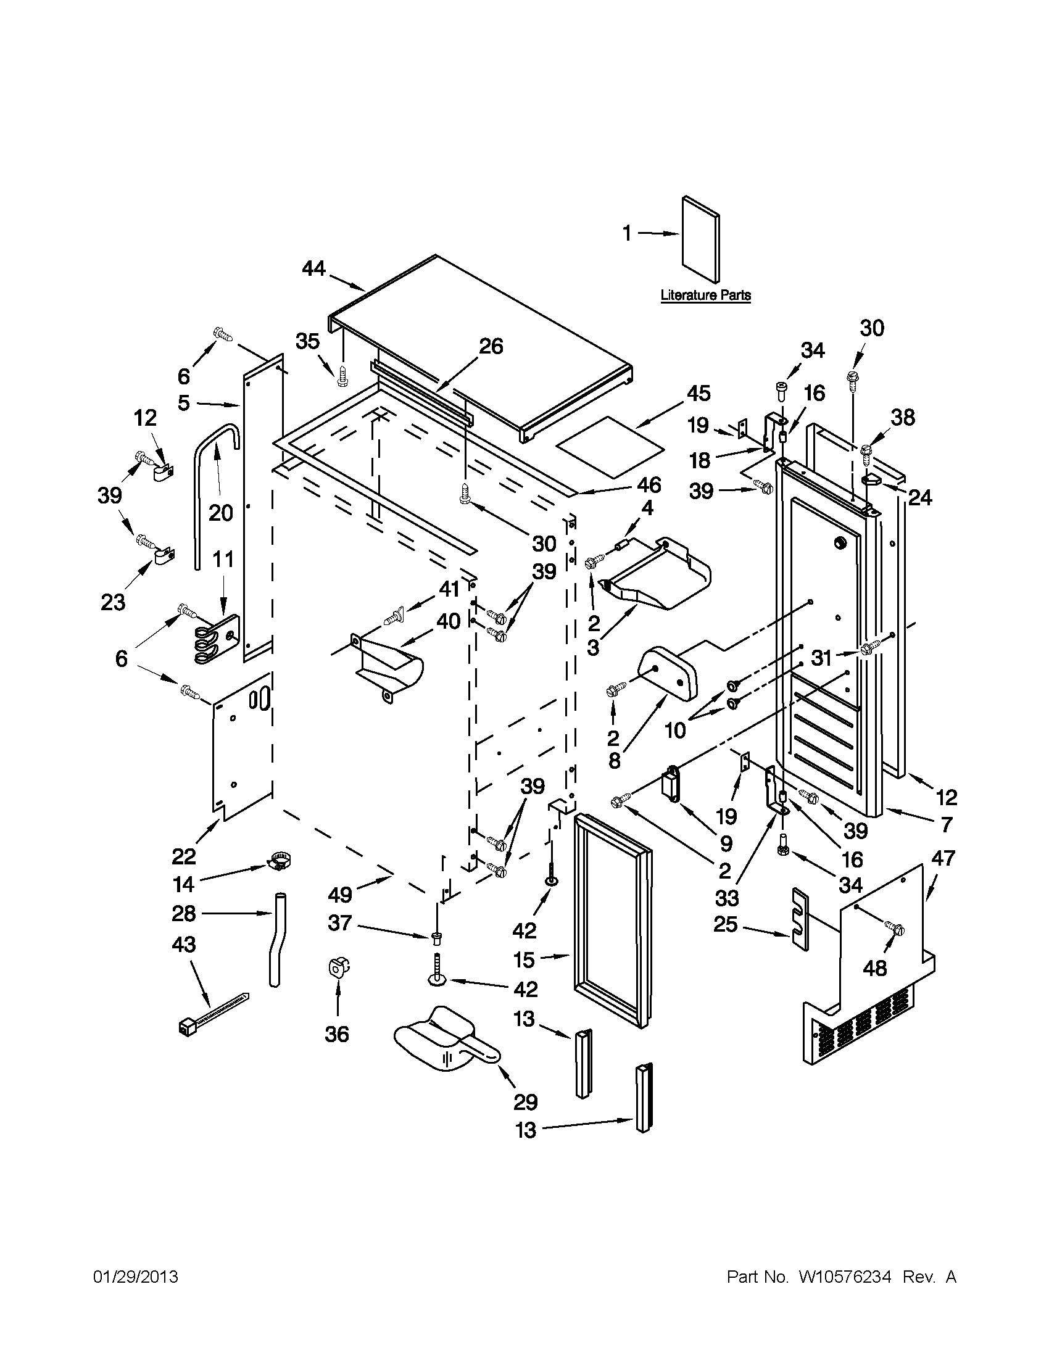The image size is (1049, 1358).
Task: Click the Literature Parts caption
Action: (705, 296)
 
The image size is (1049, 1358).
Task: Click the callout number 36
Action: (337, 1034)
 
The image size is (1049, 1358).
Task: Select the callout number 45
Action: (699, 393)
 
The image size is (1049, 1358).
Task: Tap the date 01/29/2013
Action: (136, 1277)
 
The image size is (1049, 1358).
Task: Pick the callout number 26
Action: (491, 346)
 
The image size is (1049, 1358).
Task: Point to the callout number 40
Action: (449, 621)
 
